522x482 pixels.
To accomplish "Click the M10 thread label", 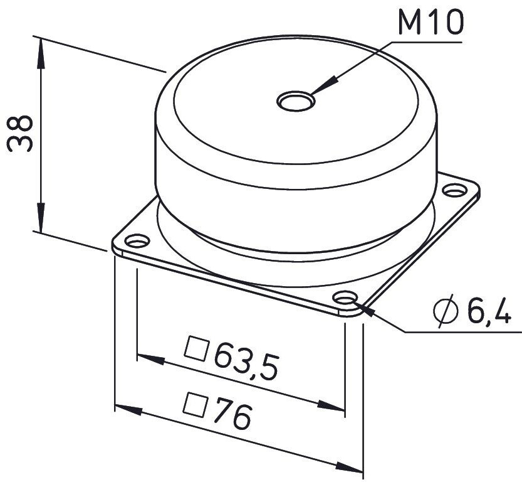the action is (x=431, y=23).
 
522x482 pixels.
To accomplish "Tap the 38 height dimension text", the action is (x=20, y=133).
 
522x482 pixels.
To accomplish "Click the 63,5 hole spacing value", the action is (x=246, y=361).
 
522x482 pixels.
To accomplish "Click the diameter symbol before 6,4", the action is (x=446, y=310).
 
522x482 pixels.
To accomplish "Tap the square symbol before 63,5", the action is (x=197, y=348).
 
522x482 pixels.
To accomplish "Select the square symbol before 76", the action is (x=196, y=405).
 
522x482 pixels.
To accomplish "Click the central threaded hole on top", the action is (x=296, y=100).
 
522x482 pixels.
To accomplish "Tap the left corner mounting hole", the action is (x=137, y=240).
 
